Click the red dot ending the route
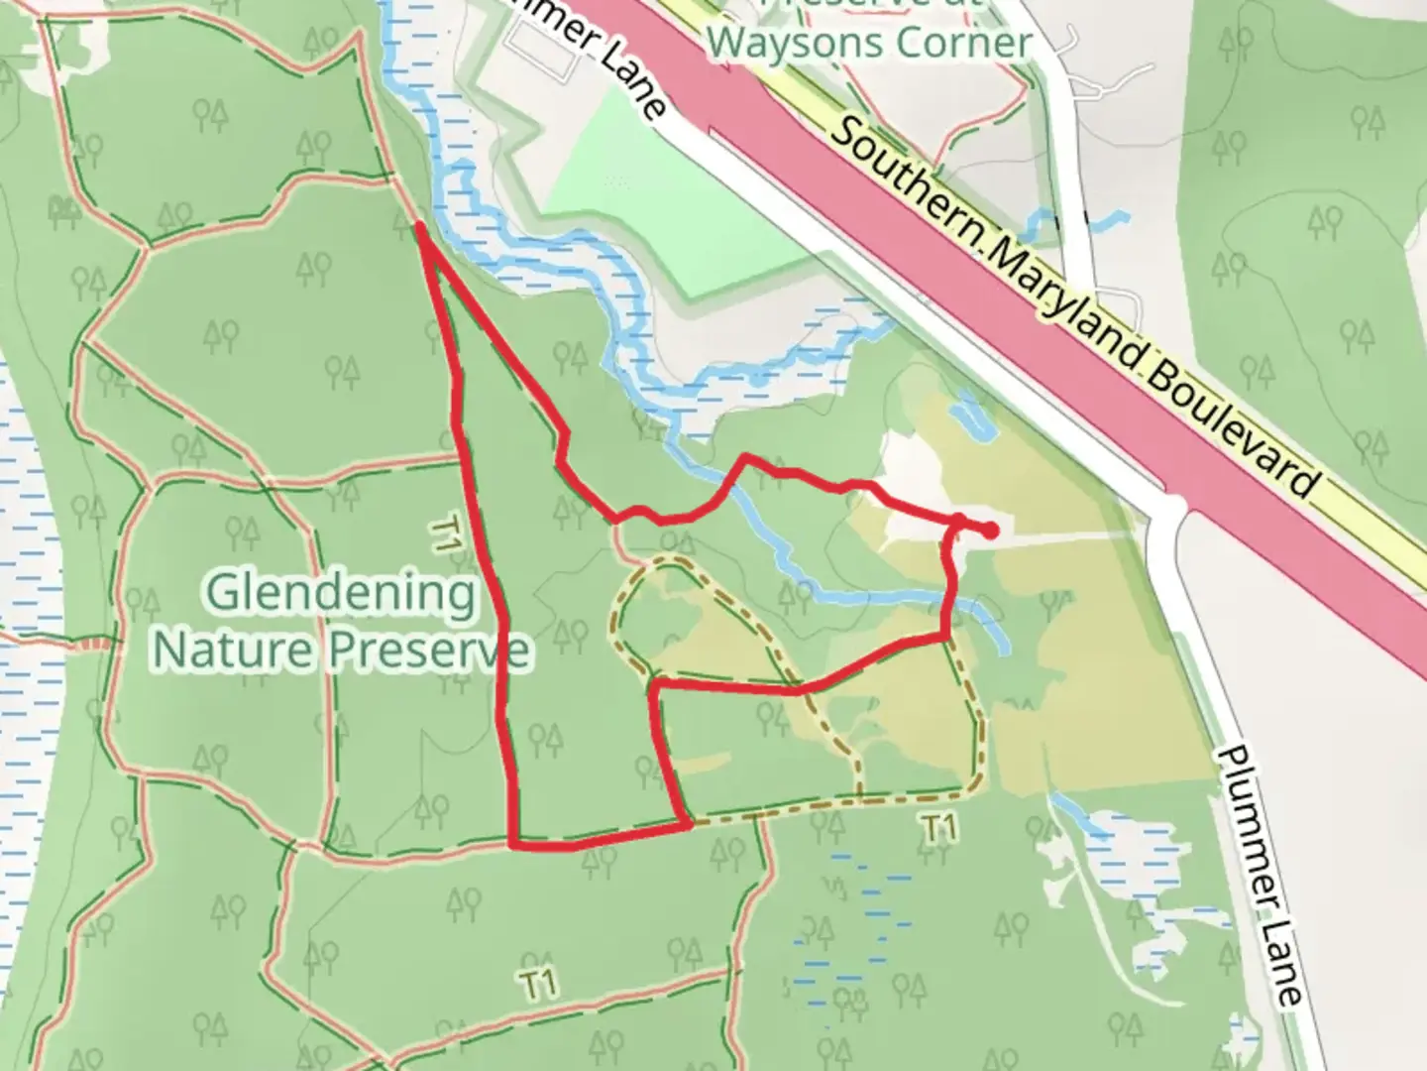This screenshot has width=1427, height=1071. [x=990, y=532]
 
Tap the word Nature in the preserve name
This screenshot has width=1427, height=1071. [x=235, y=650]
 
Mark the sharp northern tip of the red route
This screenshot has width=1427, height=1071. [x=420, y=227]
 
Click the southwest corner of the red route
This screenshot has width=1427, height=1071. [x=513, y=845]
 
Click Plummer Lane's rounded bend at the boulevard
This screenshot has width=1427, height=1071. [x=1169, y=509]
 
